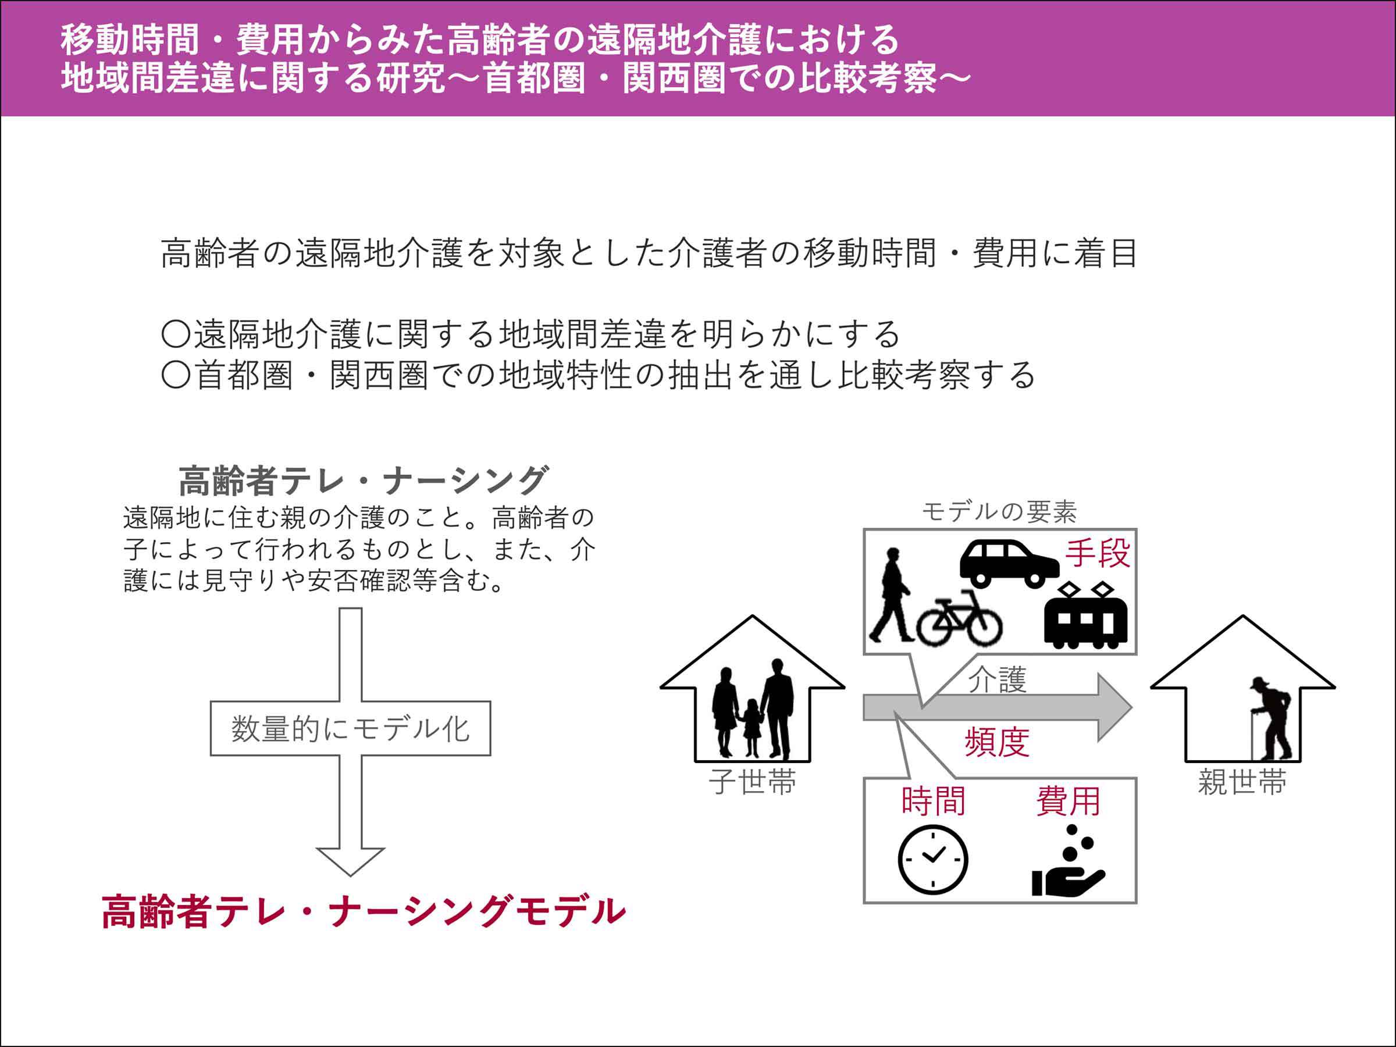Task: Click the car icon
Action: tap(1009, 562)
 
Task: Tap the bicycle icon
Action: tap(959, 618)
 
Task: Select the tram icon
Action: tap(1085, 616)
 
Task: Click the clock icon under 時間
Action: tap(933, 860)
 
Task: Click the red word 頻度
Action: tap(997, 742)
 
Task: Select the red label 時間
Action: tap(934, 802)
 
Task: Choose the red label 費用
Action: tap(1068, 802)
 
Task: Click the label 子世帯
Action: tap(752, 782)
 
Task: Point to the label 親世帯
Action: tap(1242, 782)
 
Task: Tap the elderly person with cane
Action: tap(1271, 720)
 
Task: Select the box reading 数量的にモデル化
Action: tap(350, 728)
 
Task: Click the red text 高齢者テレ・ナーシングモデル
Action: tap(364, 911)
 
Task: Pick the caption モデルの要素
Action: tap(999, 512)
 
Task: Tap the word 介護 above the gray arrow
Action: tap(998, 680)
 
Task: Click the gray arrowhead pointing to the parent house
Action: tap(1113, 707)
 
